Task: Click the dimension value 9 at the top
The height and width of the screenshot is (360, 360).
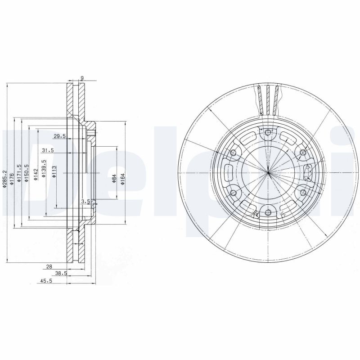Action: point(81,78)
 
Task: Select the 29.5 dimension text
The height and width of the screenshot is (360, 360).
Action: point(60,136)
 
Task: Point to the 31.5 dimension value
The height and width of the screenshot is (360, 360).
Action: point(48,150)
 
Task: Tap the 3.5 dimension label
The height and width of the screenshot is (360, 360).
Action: point(85,202)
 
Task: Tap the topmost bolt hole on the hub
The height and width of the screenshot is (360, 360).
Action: point(268,132)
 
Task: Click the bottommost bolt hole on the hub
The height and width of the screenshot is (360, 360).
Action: point(268,212)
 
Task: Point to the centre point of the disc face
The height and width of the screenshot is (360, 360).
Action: point(268,172)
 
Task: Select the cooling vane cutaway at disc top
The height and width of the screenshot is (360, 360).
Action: point(268,100)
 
